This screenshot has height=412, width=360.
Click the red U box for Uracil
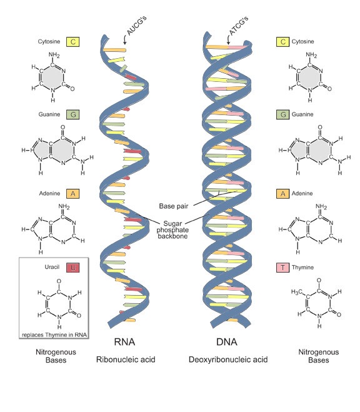[72, 268]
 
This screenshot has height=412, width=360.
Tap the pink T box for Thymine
[282, 268]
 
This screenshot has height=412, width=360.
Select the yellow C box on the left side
[72, 42]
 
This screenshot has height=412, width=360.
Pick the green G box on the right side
[282, 114]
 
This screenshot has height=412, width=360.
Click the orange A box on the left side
[72, 194]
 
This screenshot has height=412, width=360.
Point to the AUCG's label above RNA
[136, 25]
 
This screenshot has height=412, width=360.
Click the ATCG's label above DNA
[238, 26]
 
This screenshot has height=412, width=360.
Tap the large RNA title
[124, 342]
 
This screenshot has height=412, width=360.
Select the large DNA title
[227, 342]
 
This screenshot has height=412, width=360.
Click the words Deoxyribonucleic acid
[228, 359]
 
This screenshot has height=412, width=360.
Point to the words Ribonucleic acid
[126, 359]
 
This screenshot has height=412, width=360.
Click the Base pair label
[174, 206]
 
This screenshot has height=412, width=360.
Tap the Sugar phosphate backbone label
[172, 229]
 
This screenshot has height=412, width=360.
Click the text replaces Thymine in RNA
[54, 335]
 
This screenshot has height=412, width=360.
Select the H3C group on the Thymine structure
[296, 292]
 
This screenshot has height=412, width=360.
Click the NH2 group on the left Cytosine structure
[54, 55]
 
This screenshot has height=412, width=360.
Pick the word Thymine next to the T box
[302, 268]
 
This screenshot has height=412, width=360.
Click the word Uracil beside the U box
[52, 267]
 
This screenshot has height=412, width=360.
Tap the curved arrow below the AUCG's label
[125, 39]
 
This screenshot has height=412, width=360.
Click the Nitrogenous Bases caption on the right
[319, 356]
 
